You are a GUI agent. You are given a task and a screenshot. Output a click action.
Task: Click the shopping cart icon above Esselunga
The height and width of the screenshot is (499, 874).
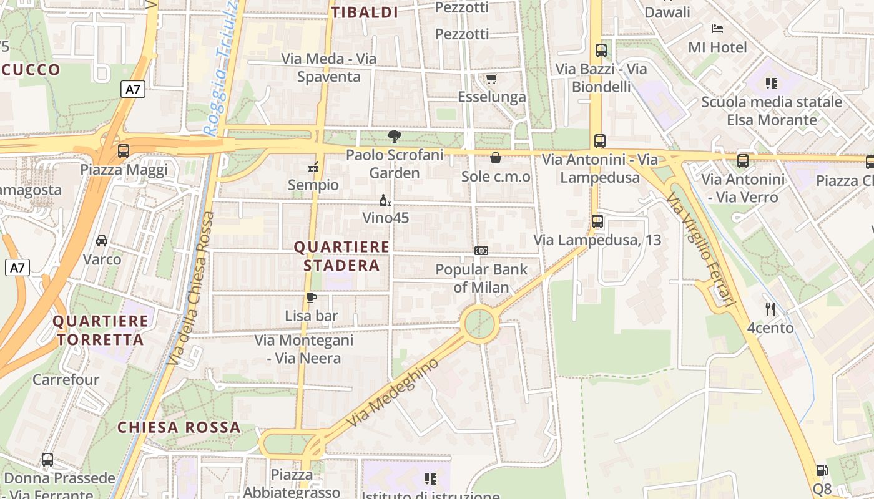click(x=491, y=79)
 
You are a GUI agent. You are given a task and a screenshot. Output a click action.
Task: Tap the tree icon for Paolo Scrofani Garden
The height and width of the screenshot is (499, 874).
click(x=394, y=136)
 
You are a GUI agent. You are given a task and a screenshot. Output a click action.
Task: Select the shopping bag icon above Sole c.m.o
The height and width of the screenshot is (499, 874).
click(x=496, y=158)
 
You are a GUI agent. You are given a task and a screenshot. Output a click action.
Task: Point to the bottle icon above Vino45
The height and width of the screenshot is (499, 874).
click(x=386, y=201)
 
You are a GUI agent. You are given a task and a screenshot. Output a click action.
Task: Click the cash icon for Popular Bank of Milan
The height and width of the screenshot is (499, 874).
click(x=481, y=251)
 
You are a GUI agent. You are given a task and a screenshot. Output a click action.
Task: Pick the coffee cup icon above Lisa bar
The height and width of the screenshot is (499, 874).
click(x=311, y=298)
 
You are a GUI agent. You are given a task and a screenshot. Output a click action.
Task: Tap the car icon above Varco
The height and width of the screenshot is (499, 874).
click(x=102, y=241)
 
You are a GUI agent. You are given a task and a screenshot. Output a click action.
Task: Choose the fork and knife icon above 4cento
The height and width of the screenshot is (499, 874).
click(x=770, y=309)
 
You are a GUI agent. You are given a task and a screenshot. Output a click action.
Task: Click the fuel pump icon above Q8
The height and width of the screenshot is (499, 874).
click(x=822, y=470)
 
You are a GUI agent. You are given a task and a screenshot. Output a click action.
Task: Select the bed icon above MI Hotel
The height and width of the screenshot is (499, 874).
click(x=717, y=29)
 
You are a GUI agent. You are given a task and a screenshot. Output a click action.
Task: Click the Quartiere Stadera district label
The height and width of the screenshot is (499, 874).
click(x=341, y=256)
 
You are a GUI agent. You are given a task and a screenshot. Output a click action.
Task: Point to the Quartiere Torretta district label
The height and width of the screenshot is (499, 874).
click(x=101, y=331)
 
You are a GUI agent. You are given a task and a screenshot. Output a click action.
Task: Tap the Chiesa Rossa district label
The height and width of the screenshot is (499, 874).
click(x=179, y=427)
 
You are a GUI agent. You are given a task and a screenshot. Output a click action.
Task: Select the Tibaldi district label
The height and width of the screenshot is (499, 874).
click(x=365, y=12)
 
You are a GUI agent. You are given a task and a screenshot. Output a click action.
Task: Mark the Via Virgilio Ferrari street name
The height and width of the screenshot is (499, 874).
click(x=700, y=249)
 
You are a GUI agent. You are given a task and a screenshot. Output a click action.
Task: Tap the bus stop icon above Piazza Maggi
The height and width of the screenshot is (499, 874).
click(x=124, y=151)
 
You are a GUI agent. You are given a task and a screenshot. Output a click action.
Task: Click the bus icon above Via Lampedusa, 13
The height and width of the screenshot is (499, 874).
click(x=597, y=221)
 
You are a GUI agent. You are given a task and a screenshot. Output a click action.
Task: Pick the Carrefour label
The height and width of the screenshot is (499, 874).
click(x=66, y=379)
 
